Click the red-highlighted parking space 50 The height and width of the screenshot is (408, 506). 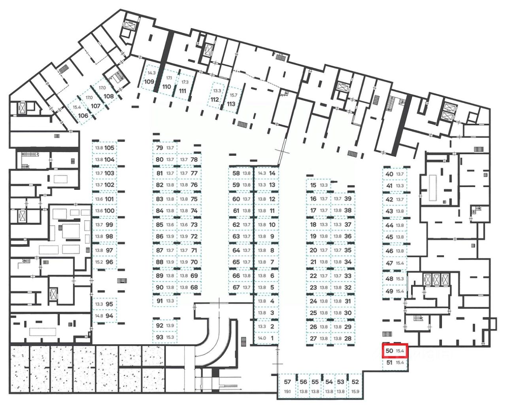tap(395, 351)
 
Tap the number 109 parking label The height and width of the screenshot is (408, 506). tap(149, 82)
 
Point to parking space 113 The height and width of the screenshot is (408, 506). tap(231, 104)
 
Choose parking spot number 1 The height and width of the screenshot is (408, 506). tap(272, 338)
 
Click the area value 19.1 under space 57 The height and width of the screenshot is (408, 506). tap(287, 392)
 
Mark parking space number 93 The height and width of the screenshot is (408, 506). tap(160, 337)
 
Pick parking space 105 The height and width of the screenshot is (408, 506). tap(110, 148)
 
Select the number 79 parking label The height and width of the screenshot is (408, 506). tap(160, 148)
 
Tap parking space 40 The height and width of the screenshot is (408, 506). tap(389, 174)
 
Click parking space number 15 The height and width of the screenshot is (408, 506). tap(313, 185)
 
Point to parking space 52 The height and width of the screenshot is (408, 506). tap(355, 382)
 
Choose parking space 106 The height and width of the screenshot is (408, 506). tap(83, 115)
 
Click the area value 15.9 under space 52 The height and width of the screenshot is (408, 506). tap(355, 392)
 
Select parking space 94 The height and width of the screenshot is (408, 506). tap(110, 316)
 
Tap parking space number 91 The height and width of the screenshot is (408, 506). tap(160, 301)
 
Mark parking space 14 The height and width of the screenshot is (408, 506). tap(272, 173)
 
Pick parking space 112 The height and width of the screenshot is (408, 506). tap(215, 99)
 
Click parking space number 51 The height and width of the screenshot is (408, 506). tap(389, 362)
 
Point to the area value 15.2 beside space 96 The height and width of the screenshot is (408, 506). tap(99, 262)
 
